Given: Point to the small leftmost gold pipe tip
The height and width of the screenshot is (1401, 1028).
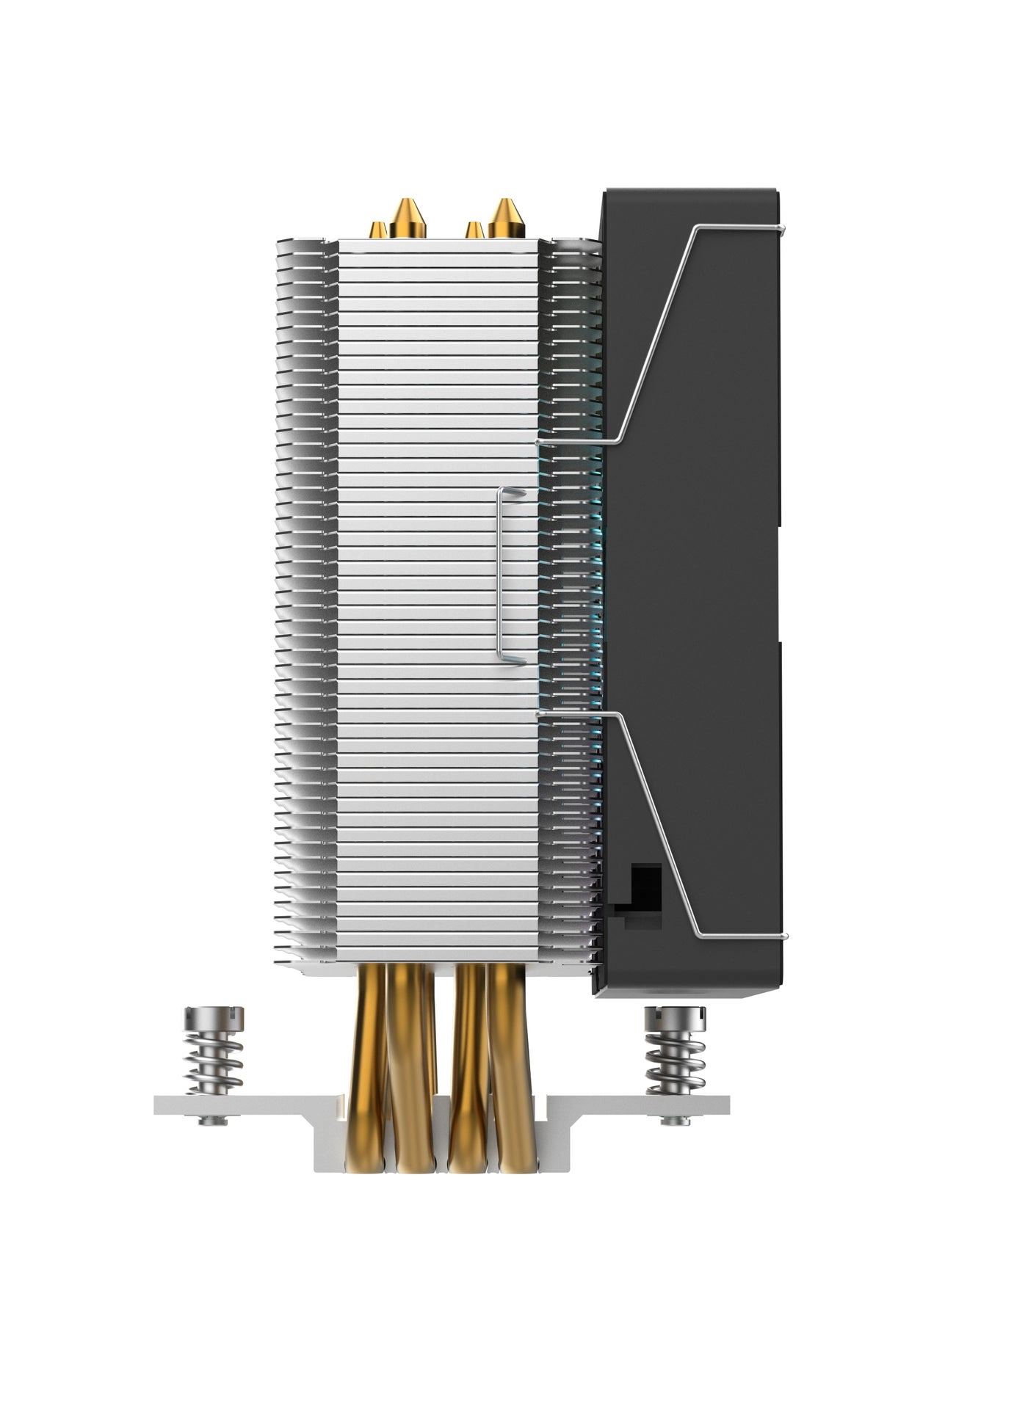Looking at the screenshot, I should point(379,229).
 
